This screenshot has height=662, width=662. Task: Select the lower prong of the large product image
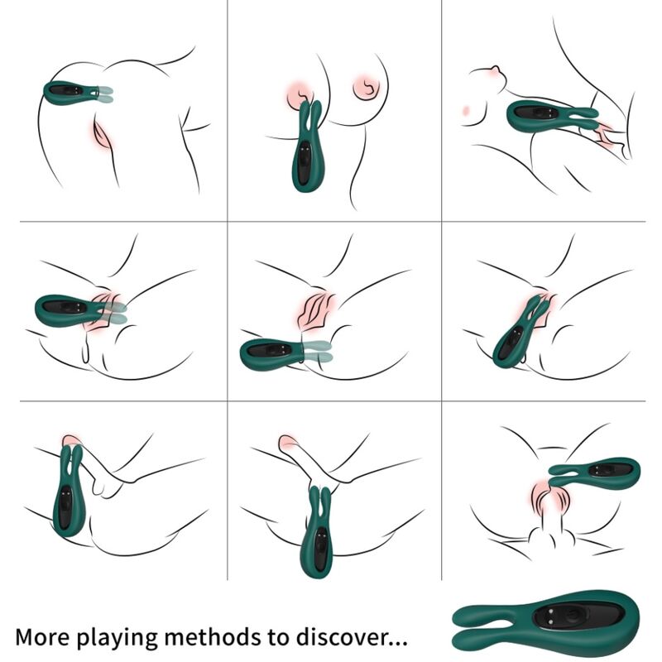coord(488,637)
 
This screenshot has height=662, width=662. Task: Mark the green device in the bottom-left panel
coord(68,496)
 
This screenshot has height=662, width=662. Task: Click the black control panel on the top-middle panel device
coord(308,157)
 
